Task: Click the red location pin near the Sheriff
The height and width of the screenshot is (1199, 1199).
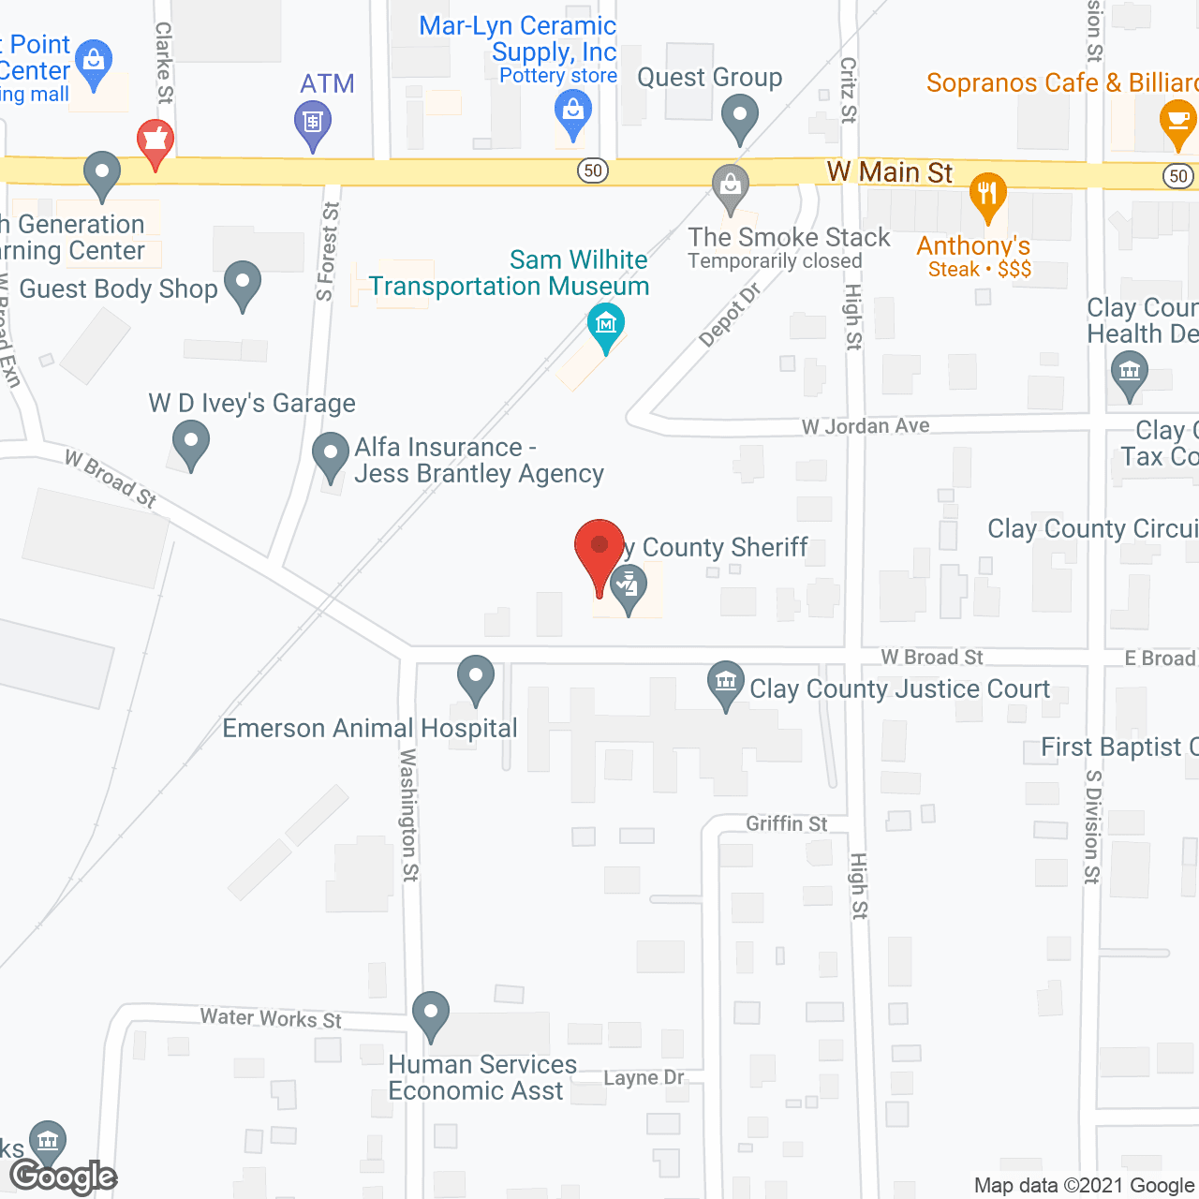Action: pos(599,549)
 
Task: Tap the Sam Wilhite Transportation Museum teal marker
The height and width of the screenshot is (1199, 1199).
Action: pos(606,326)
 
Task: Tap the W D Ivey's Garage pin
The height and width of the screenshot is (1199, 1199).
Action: pos(191,441)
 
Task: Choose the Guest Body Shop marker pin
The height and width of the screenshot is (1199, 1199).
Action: pos(243,282)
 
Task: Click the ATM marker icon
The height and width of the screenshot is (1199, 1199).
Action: pos(313,123)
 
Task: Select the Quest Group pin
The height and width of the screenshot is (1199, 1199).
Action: pos(740,119)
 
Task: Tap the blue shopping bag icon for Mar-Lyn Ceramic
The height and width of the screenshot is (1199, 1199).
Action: pos(573,114)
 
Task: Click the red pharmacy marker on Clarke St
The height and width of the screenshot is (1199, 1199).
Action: pos(155,141)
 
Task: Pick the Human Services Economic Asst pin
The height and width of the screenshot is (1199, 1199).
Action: pos(431,1014)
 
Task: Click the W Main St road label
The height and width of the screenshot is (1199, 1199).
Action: pos(889,172)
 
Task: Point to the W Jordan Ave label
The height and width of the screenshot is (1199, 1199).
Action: pos(866,426)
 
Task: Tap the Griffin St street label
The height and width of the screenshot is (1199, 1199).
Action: pos(786,823)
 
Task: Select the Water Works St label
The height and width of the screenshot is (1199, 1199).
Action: pos(271,1018)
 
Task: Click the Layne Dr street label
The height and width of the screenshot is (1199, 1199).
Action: pos(644,1078)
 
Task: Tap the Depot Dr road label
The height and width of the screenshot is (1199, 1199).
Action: pos(731,315)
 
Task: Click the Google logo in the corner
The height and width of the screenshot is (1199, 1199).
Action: pos(64,1177)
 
